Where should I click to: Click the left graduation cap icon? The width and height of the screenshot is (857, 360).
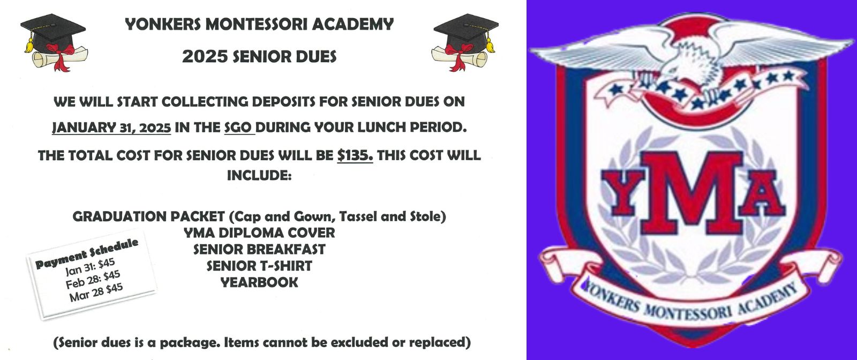click(54, 42)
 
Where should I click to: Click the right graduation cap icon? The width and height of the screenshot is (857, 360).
click(465, 42)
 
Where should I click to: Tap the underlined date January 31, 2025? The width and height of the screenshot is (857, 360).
click(111, 127)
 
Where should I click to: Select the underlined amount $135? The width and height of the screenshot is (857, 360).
click(355, 155)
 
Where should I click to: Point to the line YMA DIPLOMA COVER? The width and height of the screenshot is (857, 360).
click(259, 232)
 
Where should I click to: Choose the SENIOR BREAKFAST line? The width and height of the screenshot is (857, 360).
click(259, 249)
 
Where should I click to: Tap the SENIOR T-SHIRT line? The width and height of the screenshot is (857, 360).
click(259, 266)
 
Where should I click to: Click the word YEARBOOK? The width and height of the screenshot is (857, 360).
click(259, 282)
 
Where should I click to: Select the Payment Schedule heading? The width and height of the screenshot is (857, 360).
click(86, 253)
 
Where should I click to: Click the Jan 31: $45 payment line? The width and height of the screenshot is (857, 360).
click(90, 267)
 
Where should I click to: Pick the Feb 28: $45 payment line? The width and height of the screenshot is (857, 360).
click(93, 280)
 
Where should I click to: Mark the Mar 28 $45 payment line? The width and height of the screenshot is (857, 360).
click(96, 292)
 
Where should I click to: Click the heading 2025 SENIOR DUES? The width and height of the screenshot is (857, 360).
click(259, 57)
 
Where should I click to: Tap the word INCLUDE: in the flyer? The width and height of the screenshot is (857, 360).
click(259, 175)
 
